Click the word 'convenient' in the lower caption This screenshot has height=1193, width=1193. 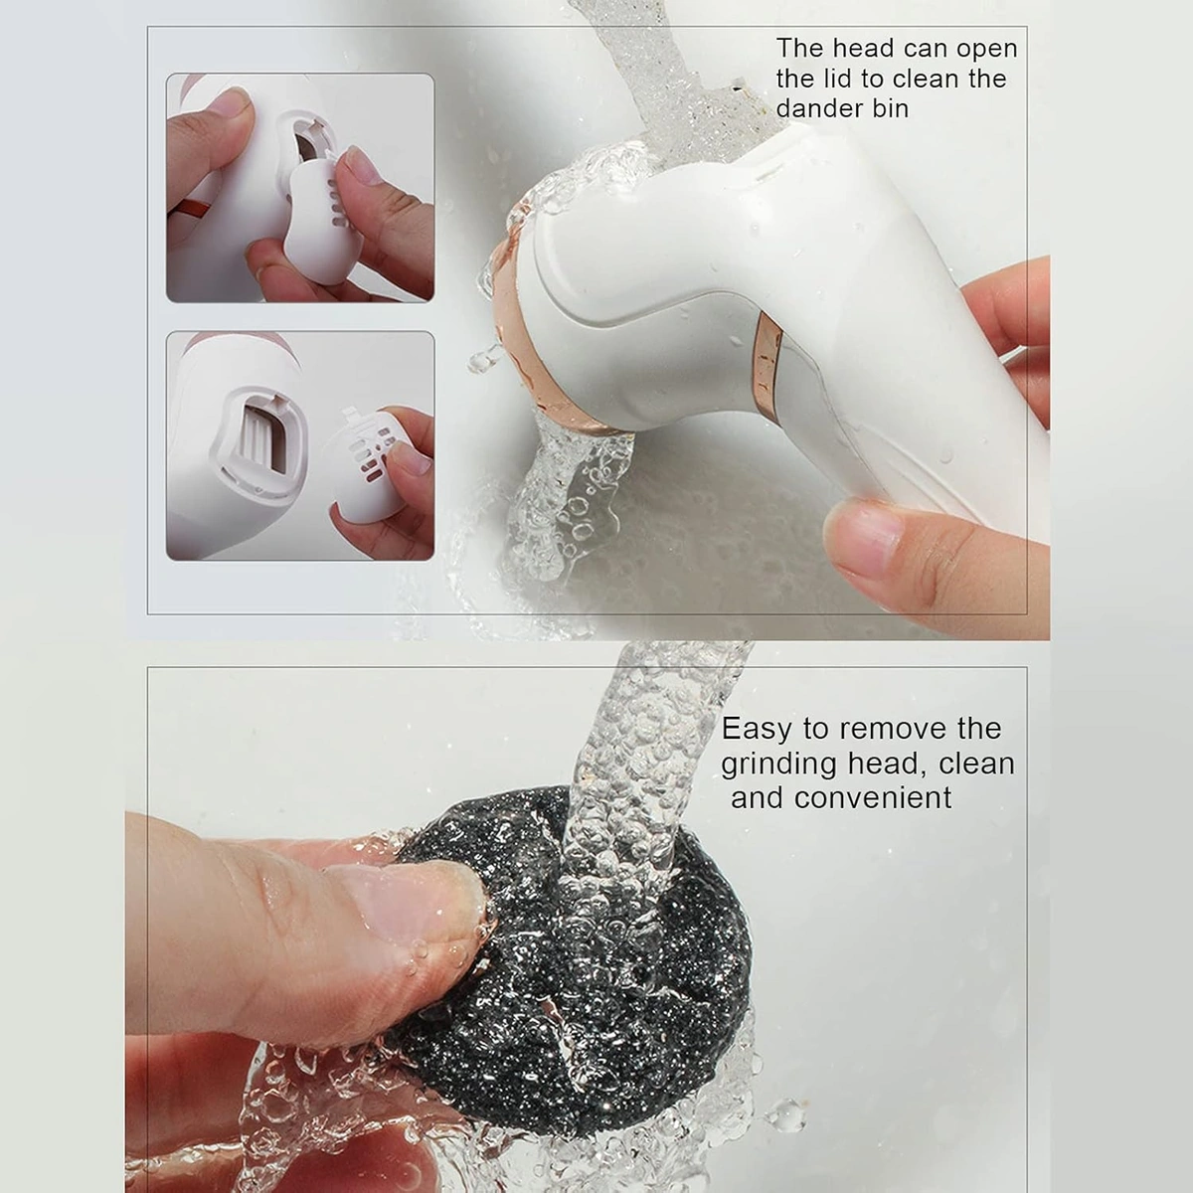(873, 798)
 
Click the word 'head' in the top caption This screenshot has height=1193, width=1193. (861, 49)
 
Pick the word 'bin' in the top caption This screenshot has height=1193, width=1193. (887, 109)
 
